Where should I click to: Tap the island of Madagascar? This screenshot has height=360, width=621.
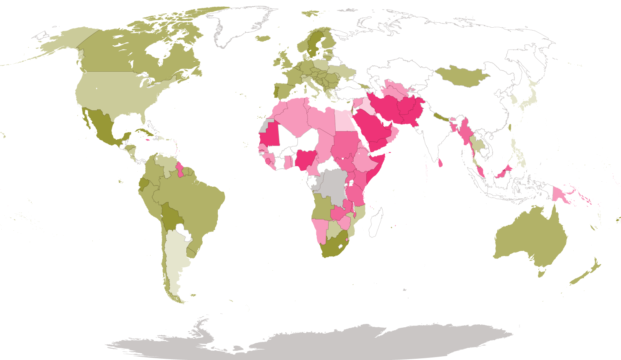tap(376, 222)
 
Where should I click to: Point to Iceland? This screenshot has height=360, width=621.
tap(263, 38)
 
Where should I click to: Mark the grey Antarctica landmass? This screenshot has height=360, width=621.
tap(310, 342)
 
